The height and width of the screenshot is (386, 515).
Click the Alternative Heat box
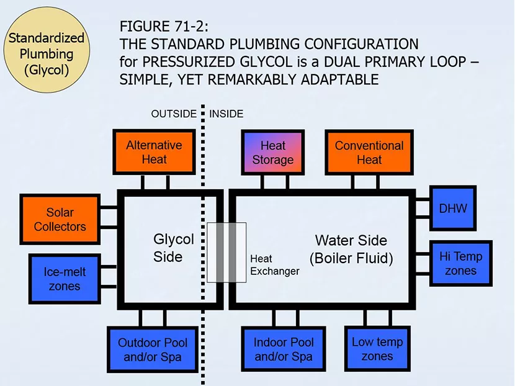tap(154, 152)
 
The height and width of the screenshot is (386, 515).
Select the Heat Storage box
tap(273, 153)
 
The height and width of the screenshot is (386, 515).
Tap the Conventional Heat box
tap(369, 153)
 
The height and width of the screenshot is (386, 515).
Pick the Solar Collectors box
tap(60, 219)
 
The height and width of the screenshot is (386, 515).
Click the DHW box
tap(452, 209)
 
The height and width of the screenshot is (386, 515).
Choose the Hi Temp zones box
tap(460, 263)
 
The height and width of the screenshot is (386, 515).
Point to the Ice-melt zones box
tap(65, 279)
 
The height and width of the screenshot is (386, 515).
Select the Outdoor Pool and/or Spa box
tap(152, 349)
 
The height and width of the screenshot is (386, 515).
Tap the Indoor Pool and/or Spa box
tap(283, 349)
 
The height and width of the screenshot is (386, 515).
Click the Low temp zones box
tap(377, 349)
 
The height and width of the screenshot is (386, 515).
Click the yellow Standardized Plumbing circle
tap(47, 53)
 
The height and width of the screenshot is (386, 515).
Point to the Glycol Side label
tap(173, 248)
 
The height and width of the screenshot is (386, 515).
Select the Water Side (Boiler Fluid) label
tap(351, 249)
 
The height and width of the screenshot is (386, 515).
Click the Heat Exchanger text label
tap(274, 265)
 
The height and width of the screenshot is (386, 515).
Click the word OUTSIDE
tap(174, 114)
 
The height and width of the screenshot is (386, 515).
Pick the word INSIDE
tap(226, 114)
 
